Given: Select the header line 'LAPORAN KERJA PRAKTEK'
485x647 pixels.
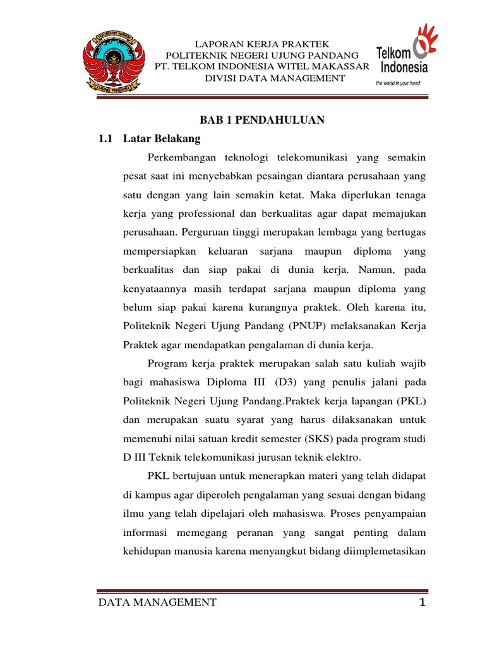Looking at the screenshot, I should coord(262,44).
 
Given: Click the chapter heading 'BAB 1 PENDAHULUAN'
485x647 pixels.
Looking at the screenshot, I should coord(262,120).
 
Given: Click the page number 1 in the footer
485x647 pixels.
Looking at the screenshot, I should coord(422,603).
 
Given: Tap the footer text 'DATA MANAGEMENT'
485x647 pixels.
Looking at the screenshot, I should coord(157,603).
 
